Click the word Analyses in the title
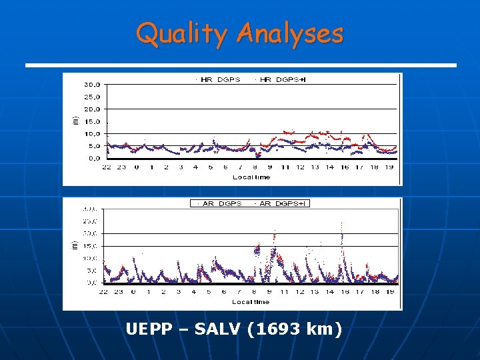pyautogui.click(x=289, y=33)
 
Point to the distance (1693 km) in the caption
pyautogui.click(x=295, y=329)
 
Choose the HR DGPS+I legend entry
pyautogui.click(x=281, y=79)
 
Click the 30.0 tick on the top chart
pyautogui.click(x=91, y=85)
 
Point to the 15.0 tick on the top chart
pyautogui.click(x=91, y=121)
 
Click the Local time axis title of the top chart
pyautogui.click(x=251, y=177)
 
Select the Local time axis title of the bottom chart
pyautogui.click(x=251, y=302)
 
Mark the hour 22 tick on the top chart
pyautogui.click(x=107, y=167)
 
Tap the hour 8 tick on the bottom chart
pyautogui.click(x=255, y=292)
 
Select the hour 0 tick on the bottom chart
pyautogui.click(x=133, y=292)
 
